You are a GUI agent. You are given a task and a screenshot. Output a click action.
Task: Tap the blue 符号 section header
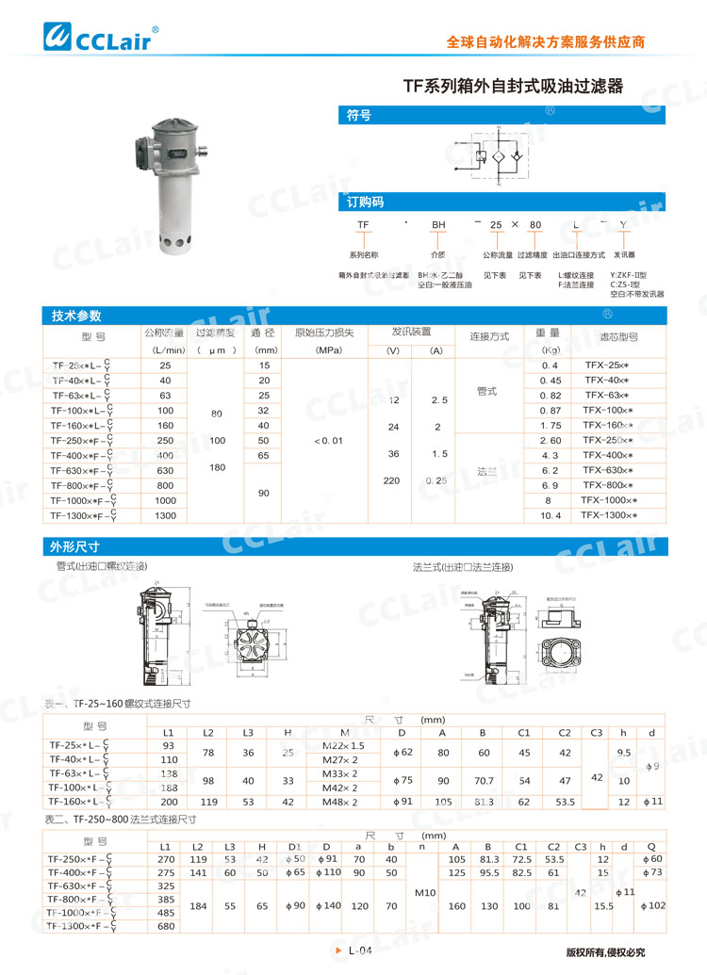click(x=359, y=116)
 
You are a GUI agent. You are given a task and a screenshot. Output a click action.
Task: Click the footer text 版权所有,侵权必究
click(x=605, y=951)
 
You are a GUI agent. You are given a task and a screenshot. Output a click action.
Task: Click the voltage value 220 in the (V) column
click(x=393, y=479)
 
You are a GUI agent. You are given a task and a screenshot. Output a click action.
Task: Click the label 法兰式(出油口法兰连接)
click(x=463, y=567)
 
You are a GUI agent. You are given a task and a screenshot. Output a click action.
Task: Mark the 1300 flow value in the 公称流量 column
click(x=166, y=515)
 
